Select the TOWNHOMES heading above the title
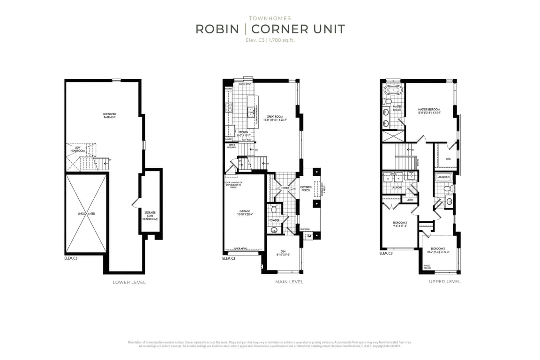(x=270, y=18)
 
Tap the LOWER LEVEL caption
(x=129, y=282)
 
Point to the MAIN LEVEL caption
(x=289, y=282)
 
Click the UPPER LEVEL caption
(x=444, y=282)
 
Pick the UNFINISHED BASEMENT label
(x=109, y=115)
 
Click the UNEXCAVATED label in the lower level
(x=86, y=214)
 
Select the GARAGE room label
(x=244, y=212)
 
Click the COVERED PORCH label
(x=306, y=189)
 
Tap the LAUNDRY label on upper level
(x=397, y=187)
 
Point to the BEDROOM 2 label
(x=437, y=249)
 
